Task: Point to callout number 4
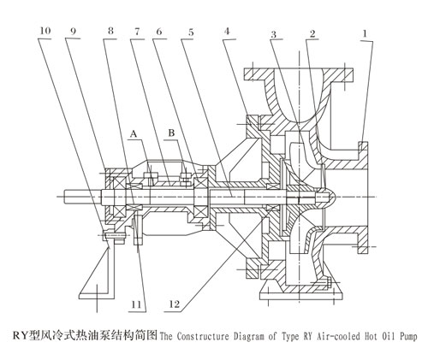[227, 33]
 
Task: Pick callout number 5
[188, 33]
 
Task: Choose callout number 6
[158, 33]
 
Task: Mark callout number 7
[135, 33]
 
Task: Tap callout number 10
[44, 33]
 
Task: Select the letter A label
[133, 133]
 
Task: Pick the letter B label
[171, 133]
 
